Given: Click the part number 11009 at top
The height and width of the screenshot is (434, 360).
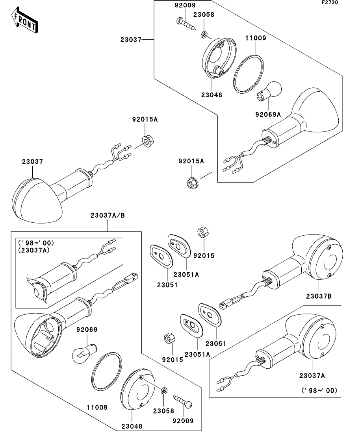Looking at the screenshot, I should pos(256,39).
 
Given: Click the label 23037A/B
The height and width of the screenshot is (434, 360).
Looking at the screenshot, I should pos(108,216).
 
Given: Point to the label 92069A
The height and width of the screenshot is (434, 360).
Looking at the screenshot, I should pos(268,115).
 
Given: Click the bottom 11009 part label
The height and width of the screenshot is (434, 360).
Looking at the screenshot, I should pos(97,407).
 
